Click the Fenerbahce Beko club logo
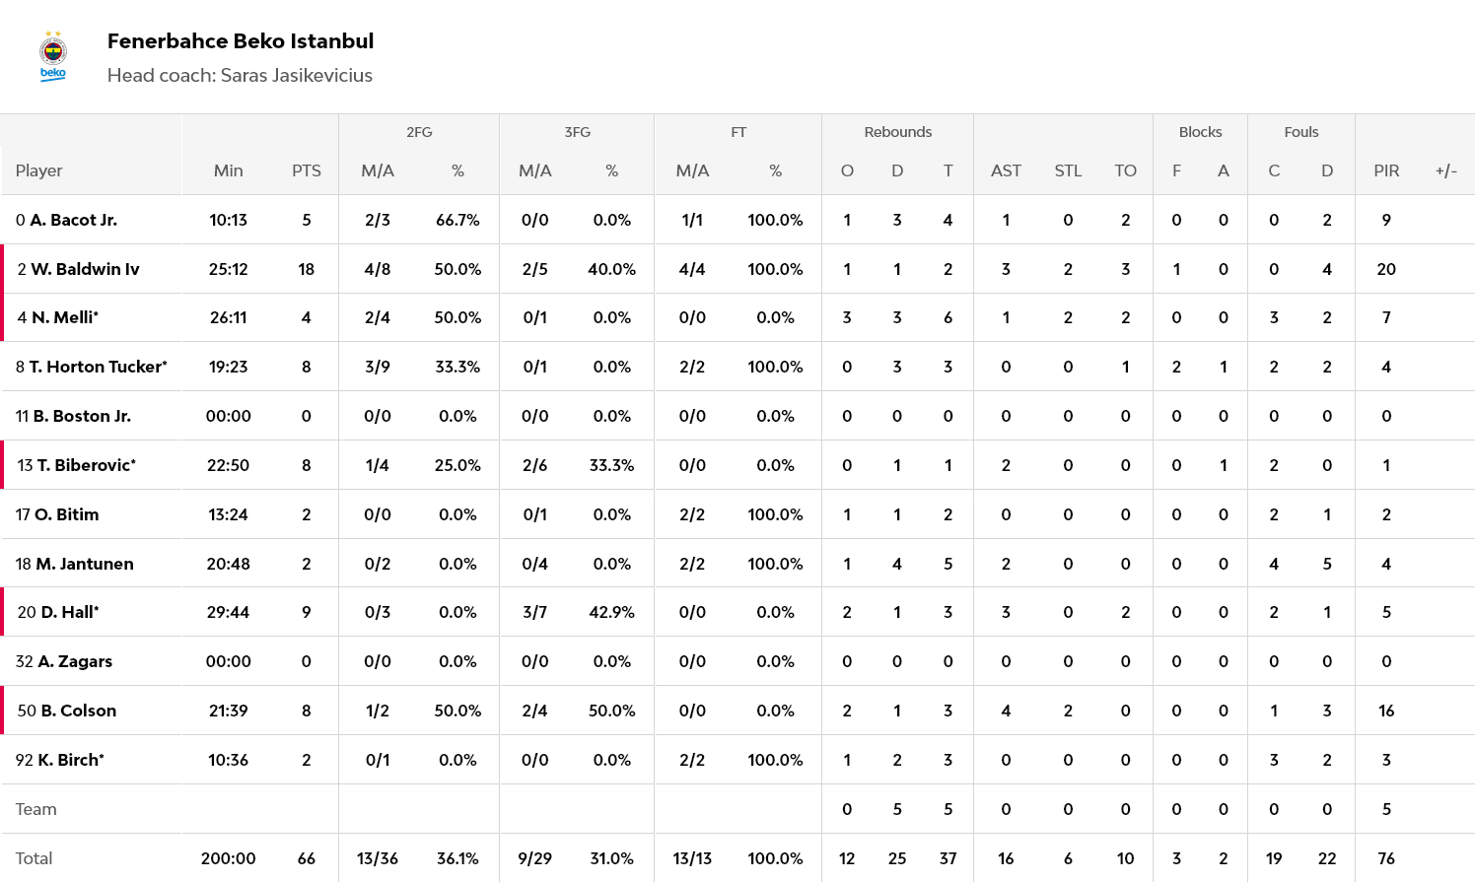pyautogui.click(x=53, y=57)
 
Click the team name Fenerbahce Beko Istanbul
pyautogui.click(x=241, y=41)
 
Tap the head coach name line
pyautogui.click(x=240, y=76)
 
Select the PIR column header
pyautogui.click(x=1386, y=170)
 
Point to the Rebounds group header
pyautogui.click(x=897, y=132)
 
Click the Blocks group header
pyautogui.click(x=1200, y=132)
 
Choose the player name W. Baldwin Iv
pyautogui.click(x=85, y=269)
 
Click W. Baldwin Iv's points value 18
pyautogui.click(x=307, y=269)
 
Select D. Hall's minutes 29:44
pyautogui.click(x=228, y=612)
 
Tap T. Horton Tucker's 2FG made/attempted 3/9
pyautogui.click(x=378, y=367)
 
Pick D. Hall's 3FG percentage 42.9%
pyautogui.click(x=611, y=612)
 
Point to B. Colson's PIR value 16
pyautogui.click(x=1386, y=711)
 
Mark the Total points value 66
pyautogui.click(x=307, y=858)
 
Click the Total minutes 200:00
pyautogui.click(x=228, y=858)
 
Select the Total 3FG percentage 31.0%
pyautogui.click(x=611, y=858)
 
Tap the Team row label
pyautogui.click(x=36, y=809)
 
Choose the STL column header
pyautogui.click(x=1068, y=170)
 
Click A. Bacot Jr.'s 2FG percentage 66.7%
pyautogui.click(x=457, y=220)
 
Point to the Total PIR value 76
pyautogui.click(x=1386, y=858)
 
